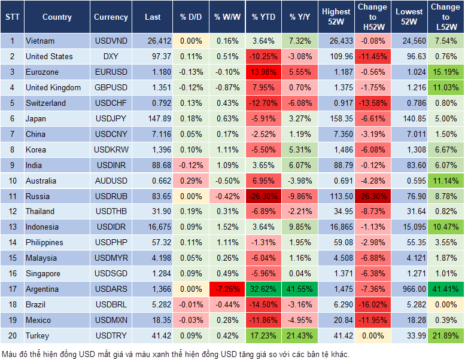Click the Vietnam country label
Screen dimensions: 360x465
click(40, 41)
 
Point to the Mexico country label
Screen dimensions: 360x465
click(38, 321)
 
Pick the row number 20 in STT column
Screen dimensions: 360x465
click(11, 336)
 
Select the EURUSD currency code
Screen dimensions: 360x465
click(111, 72)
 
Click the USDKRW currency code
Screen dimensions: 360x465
click(111, 150)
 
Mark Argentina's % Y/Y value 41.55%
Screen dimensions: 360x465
click(300, 289)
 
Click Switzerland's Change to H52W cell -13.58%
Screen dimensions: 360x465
click(372, 103)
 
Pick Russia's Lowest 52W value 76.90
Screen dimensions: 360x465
click(411, 196)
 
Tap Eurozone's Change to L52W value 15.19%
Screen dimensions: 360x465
click(446, 72)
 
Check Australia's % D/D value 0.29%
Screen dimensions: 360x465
click(191, 181)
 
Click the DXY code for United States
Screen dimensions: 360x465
click(111, 56)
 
